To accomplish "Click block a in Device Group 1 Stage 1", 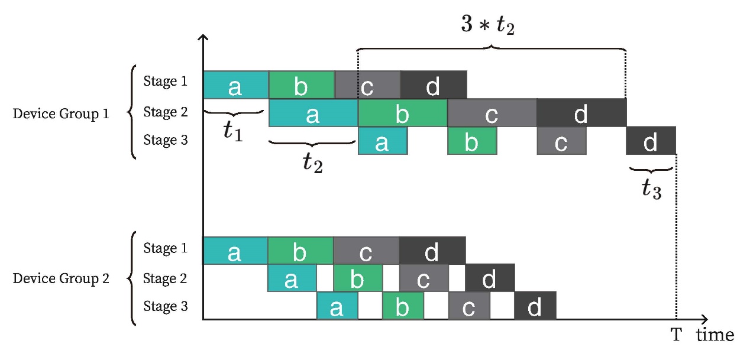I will point(235,85).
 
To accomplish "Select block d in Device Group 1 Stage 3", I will point(651,141).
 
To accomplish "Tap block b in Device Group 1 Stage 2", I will point(402,112).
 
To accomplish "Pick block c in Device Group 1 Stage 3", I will point(561,141).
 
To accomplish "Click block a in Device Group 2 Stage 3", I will point(337,306).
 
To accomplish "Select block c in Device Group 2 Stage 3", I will point(469,306).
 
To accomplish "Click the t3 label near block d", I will point(651,189).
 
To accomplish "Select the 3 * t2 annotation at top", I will point(487,27).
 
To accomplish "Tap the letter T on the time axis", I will point(676,335).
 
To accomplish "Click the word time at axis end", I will point(715,335).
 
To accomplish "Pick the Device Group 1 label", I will point(61,113).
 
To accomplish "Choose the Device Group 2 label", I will point(61,278).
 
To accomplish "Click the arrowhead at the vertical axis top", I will point(203,38).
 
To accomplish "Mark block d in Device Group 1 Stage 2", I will point(581,112).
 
